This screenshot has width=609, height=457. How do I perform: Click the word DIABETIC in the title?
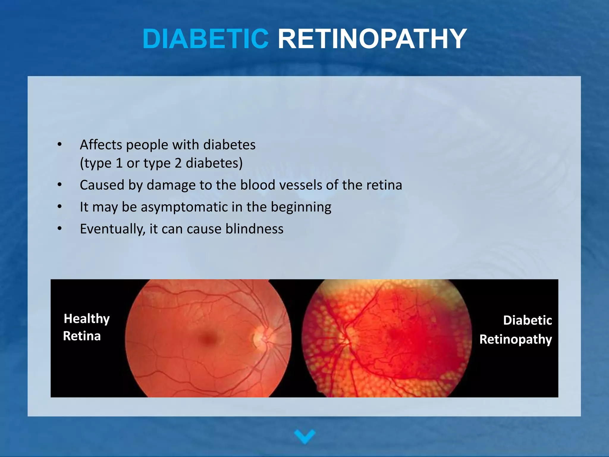coord(206,39)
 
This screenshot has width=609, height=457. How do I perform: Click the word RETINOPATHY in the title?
coord(372,39)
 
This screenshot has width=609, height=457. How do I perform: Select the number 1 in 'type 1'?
coord(119,163)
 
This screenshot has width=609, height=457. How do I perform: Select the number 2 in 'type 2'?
coord(178,163)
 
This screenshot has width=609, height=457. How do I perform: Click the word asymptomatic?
coord(184,207)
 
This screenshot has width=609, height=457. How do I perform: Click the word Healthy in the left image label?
coord(87,319)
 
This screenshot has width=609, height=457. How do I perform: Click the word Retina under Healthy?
coord(82,336)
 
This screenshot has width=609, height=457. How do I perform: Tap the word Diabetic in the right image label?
coord(528,320)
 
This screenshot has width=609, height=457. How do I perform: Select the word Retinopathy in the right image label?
coord(516,339)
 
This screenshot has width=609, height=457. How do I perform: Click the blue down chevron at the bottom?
coord(304,436)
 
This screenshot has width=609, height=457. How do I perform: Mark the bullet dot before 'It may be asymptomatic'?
coord(60,206)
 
